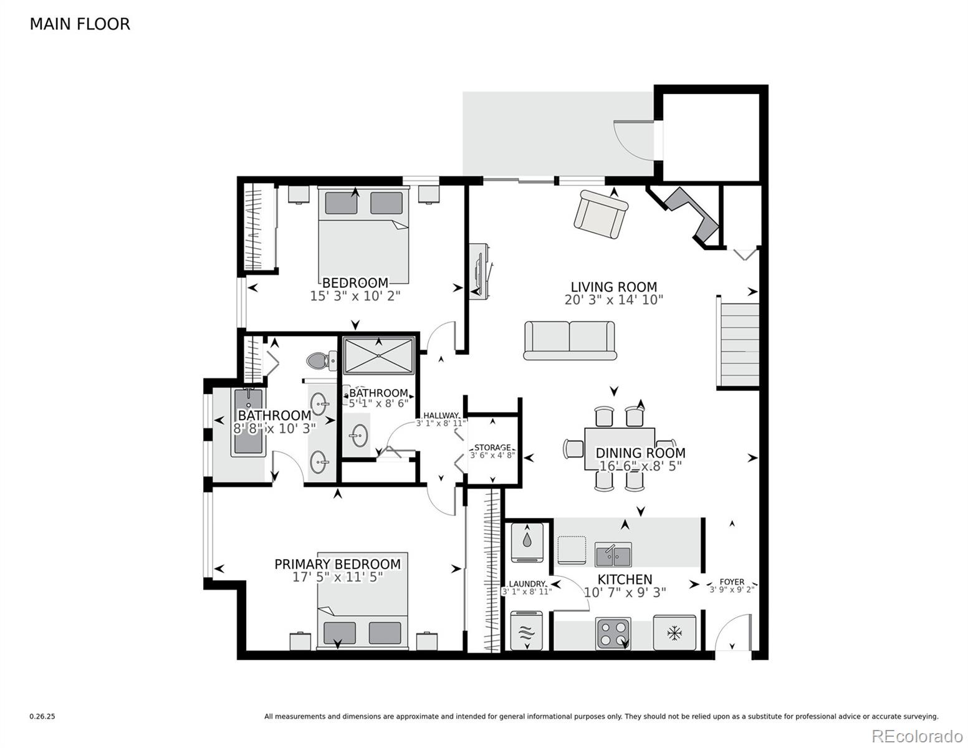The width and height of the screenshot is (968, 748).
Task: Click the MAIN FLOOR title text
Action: click(x=80, y=24)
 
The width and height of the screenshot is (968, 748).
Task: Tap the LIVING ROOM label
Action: click(x=613, y=287)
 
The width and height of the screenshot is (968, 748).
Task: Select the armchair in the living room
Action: click(x=600, y=214)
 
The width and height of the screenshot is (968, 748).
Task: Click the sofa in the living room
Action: click(x=570, y=340)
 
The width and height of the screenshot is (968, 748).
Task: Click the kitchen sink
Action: click(x=613, y=554)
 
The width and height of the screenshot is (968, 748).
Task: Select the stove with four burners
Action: click(x=613, y=633)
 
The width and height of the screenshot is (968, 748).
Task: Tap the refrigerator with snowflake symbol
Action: click(x=674, y=633)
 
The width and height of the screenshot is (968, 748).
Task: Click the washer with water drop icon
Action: click(x=527, y=540)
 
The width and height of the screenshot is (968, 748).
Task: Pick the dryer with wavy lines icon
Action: click(x=527, y=631)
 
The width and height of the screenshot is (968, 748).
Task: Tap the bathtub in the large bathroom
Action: click(x=248, y=423)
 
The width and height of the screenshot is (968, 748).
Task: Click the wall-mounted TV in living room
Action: click(x=481, y=272)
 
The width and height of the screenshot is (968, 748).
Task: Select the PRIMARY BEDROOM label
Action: click(x=337, y=564)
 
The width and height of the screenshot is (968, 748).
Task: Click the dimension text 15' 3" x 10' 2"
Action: click(x=355, y=296)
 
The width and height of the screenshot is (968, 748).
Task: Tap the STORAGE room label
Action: click(x=492, y=448)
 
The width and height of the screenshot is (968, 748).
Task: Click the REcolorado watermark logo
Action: click(x=917, y=736)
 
